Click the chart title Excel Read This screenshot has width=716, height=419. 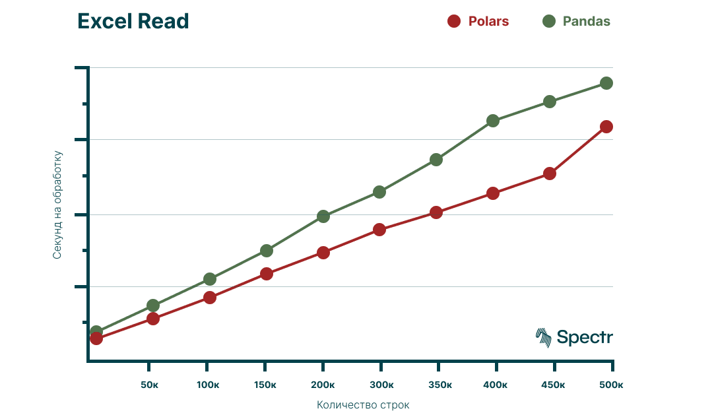click(133, 22)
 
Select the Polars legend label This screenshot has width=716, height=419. click(488, 21)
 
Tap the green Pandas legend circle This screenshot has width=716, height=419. click(548, 21)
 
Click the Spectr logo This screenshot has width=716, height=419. click(574, 337)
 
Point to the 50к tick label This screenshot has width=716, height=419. click(150, 385)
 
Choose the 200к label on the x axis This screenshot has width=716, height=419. click(322, 385)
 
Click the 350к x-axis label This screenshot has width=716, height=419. click(439, 385)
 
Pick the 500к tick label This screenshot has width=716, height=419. click(612, 385)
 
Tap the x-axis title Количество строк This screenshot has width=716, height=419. click(363, 405)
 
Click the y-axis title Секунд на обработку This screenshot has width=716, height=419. click(57, 205)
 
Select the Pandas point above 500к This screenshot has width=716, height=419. click(606, 83)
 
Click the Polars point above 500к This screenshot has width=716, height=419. click(606, 127)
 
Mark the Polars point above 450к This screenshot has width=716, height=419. click(549, 174)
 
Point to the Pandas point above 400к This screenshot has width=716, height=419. click(492, 121)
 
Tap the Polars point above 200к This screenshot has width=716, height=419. click(323, 253)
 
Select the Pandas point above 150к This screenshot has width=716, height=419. click(267, 251)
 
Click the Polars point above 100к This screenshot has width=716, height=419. click(210, 298)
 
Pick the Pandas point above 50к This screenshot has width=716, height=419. click(153, 306)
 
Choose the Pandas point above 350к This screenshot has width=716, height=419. click(436, 160)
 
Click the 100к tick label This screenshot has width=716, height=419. click(208, 385)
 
